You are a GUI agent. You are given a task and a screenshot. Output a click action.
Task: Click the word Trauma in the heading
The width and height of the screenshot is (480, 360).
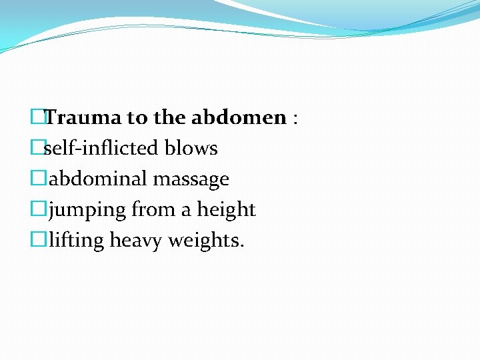(x=84, y=118)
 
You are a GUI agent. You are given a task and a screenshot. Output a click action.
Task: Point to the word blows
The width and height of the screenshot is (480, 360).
(x=193, y=148)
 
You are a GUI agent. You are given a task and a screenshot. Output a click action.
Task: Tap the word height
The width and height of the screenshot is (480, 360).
(x=226, y=210)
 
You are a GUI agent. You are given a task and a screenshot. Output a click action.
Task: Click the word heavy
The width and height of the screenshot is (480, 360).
(x=135, y=241)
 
